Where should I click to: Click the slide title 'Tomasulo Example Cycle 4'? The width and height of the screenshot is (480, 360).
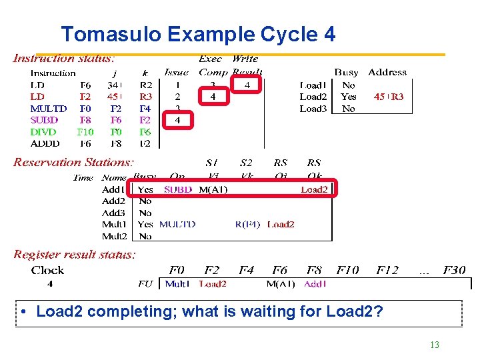click(x=198, y=34)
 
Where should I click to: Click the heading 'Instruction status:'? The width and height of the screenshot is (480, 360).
click(x=64, y=59)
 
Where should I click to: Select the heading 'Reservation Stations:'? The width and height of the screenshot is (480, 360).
click(x=73, y=162)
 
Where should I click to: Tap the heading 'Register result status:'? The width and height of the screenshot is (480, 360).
click(x=75, y=254)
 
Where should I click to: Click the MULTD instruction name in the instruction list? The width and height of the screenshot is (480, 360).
click(x=49, y=109)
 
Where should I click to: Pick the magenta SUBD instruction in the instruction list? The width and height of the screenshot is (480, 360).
click(x=45, y=120)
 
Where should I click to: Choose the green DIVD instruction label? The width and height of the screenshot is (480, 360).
click(x=44, y=132)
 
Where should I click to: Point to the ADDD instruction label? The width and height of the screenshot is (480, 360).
click(x=45, y=143)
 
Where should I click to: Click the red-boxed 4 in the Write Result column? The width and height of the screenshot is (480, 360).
click(x=247, y=85)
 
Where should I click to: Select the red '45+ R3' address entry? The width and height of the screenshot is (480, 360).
click(x=389, y=97)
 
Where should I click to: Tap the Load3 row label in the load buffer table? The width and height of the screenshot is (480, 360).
click(x=313, y=109)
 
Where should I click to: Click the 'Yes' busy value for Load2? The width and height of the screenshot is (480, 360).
click(x=348, y=97)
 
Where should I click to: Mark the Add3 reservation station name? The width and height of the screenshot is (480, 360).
click(x=114, y=213)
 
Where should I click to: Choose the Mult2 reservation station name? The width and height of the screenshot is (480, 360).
click(x=114, y=236)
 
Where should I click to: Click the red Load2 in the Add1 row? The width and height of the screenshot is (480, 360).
click(x=314, y=189)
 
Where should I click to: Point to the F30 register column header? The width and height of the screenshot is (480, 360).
click(x=453, y=270)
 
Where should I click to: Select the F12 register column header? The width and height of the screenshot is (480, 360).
click(x=387, y=270)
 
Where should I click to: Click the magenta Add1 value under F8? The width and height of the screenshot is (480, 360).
click(x=314, y=284)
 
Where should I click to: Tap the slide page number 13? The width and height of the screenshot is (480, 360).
click(x=435, y=345)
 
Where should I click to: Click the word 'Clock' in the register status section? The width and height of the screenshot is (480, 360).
click(x=48, y=270)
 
